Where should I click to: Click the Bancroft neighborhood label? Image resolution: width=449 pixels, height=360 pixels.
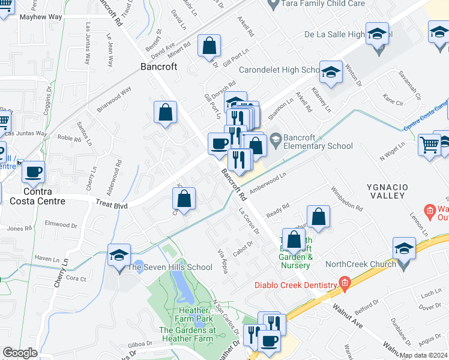(x=158, y=67)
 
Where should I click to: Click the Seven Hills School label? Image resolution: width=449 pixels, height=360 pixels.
(x=170, y=267)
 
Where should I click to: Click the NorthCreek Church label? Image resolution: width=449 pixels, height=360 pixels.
(x=360, y=264)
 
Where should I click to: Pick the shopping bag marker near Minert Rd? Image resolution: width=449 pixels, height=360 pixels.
(x=209, y=46)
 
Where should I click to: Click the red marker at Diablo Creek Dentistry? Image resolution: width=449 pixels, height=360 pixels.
(x=344, y=283)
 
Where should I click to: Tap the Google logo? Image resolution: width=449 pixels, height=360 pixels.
(x=20, y=353)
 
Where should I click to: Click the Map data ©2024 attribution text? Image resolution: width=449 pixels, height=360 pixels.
(x=423, y=355)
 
